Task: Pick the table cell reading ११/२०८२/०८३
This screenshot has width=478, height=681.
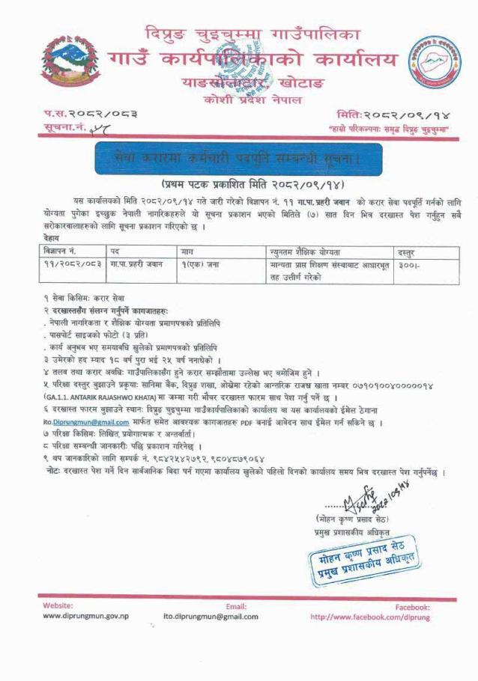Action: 70,265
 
